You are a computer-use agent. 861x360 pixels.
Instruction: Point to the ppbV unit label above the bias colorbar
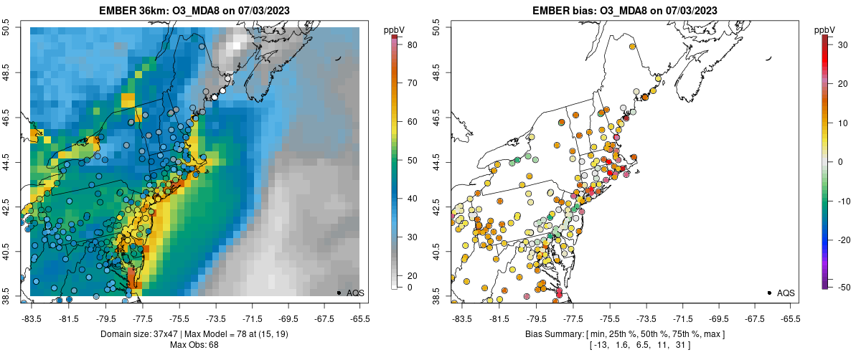826,29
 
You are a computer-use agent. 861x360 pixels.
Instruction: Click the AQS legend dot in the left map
339,293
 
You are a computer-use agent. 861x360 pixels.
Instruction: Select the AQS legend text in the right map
786,293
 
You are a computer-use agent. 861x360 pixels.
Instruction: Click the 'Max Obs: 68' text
194,345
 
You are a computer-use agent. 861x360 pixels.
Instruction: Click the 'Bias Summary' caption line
624,334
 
